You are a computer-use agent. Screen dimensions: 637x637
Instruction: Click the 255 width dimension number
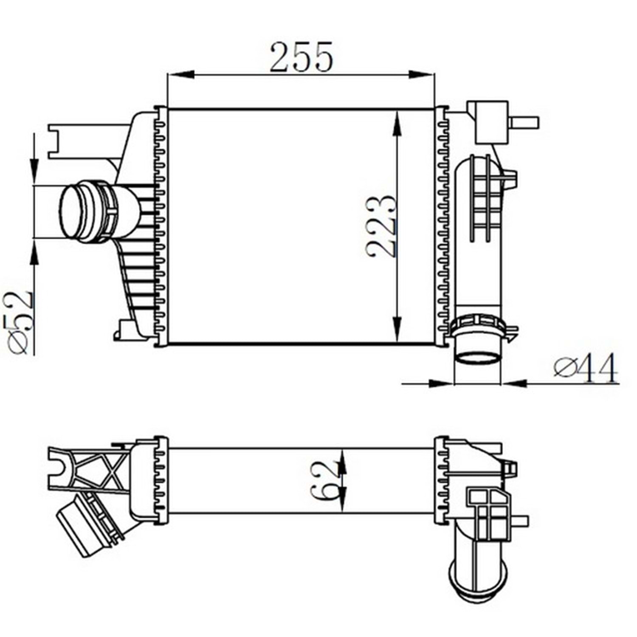pos(301,56)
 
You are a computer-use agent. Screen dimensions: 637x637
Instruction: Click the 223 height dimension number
pos(381,226)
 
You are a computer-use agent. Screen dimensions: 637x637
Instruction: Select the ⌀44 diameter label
pos(586,368)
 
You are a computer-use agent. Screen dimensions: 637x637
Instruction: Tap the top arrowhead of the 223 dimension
pos(396,124)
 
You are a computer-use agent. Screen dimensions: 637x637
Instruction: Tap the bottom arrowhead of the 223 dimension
pos(396,330)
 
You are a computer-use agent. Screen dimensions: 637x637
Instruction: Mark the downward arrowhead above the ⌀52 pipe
pos(34,172)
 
